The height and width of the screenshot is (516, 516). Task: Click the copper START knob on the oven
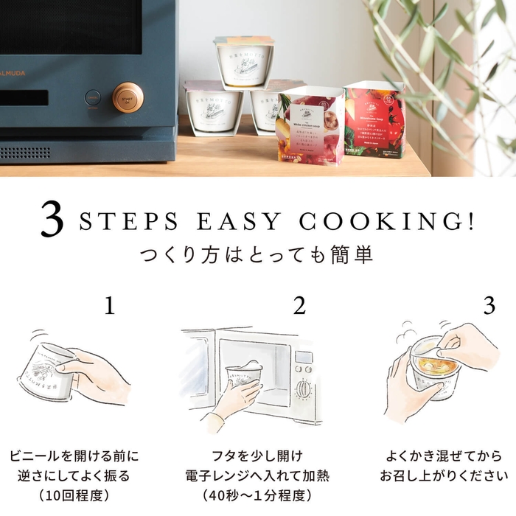(128, 97)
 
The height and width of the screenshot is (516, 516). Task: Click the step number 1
(109, 306)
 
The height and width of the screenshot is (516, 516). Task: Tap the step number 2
(299, 306)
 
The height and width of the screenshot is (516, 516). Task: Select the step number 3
(488, 306)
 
